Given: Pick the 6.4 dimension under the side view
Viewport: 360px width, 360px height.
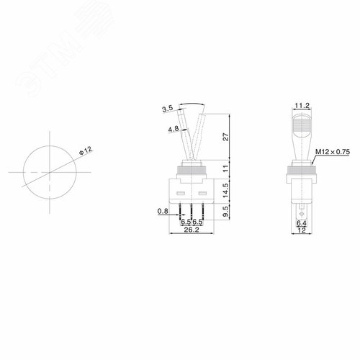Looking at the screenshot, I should (x=301, y=224).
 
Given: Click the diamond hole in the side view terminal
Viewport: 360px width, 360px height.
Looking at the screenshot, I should (x=301, y=211).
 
